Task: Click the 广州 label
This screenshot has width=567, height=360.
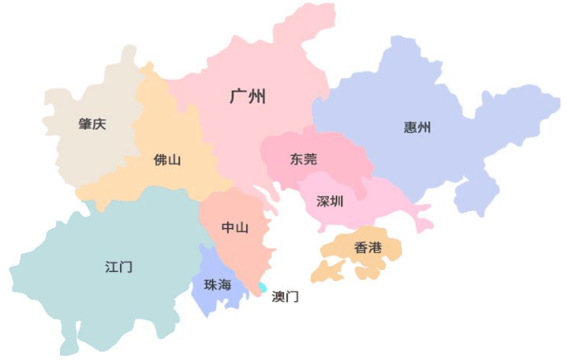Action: [248, 97]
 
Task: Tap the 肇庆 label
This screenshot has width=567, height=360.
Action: [92, 125]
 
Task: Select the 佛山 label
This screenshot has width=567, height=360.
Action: [167, 160]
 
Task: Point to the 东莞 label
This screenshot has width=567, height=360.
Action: [304, 159]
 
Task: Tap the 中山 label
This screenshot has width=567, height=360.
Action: [235, 228]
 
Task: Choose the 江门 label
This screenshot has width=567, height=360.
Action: [119, 267]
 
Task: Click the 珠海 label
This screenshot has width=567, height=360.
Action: [218, 285]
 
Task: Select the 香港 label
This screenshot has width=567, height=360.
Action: [368, 248]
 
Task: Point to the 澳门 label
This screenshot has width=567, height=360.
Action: [285, 297]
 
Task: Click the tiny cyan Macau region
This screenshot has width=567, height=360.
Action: [263, 288]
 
